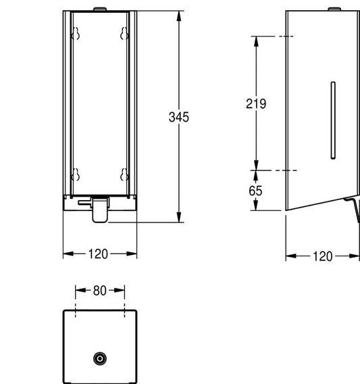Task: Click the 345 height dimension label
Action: [x=179, y=117]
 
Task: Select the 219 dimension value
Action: [x=256, y=103]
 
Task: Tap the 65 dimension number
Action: [x=255, y=191]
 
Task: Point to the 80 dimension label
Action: [x=99, y=291]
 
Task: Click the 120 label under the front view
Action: [x=98, y=254]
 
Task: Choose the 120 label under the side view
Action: [x=323, y=256]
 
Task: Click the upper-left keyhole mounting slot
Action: [x=76, y=33]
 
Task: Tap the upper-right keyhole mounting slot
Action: [x=124, y=33]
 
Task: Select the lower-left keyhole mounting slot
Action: [x=76, y=174]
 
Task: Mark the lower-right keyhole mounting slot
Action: [x=124, y=174]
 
